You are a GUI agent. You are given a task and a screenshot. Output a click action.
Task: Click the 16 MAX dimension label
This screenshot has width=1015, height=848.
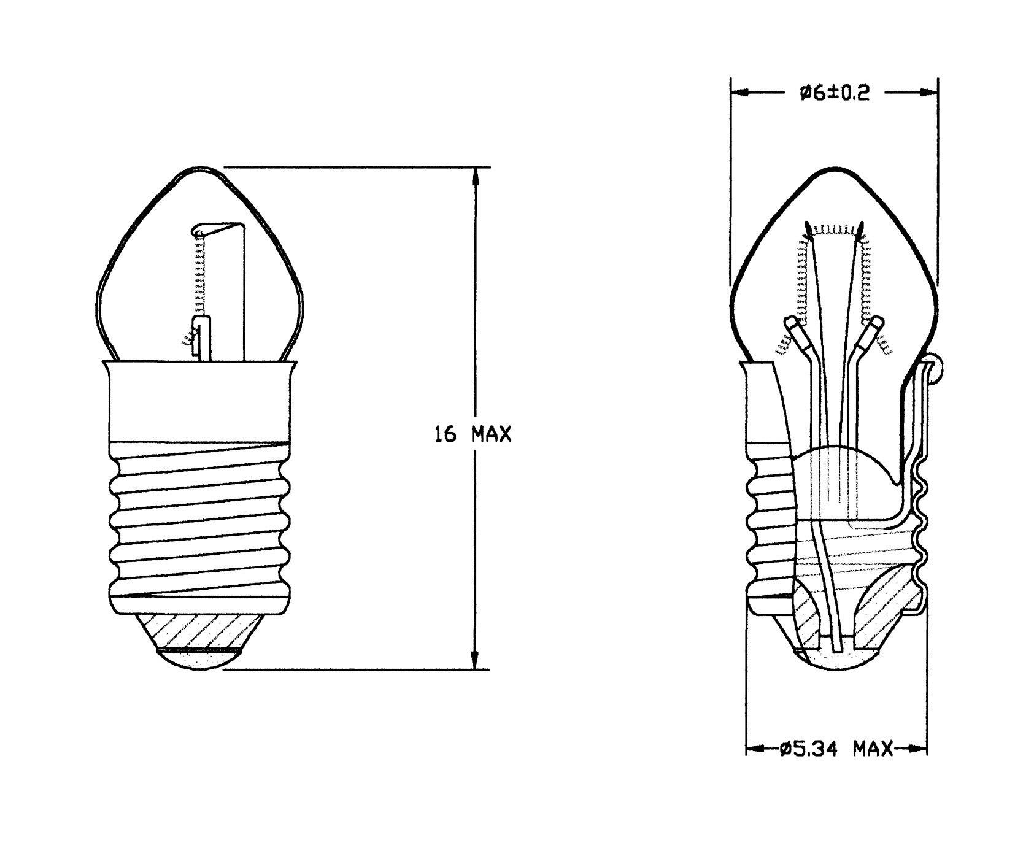pos(473,434)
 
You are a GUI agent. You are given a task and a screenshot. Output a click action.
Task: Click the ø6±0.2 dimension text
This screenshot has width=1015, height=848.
pos(834,93)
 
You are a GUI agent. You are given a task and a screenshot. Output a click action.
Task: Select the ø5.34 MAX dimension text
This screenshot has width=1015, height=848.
pos(836,749)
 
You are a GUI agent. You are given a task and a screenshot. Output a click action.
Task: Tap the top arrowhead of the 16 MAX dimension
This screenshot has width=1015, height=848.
pos(474,175)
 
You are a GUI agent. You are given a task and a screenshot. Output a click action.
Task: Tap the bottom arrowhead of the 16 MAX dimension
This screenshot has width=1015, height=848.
pos(474,661)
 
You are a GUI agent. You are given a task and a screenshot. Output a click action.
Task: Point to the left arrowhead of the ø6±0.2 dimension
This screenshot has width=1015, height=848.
pos(739,93)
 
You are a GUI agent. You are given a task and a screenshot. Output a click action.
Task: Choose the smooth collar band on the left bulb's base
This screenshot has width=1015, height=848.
pos(200,402)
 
